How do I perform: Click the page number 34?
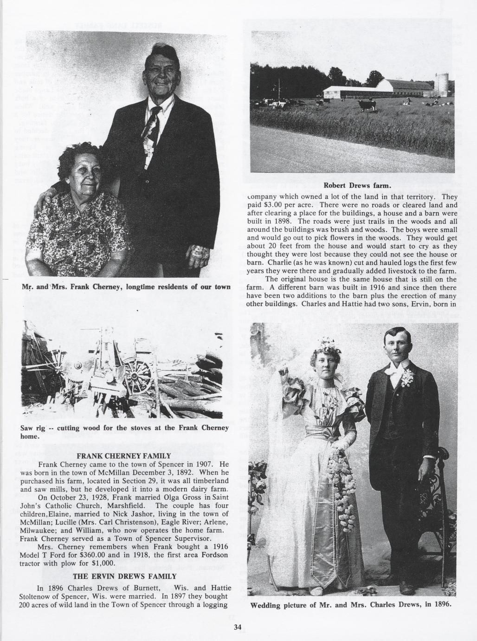(x=238, y=627)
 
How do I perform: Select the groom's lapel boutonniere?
(x=407, y=377)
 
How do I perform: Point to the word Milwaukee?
(x=39, y=530)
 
